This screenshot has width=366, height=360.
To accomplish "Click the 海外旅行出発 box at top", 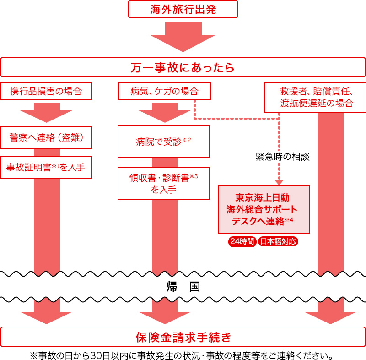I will coord(183,9).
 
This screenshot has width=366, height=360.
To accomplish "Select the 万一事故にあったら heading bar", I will coord(183,67).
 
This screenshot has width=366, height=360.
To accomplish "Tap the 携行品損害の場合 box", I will coord(46,91).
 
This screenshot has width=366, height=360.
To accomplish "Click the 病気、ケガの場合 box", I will coord(165,91).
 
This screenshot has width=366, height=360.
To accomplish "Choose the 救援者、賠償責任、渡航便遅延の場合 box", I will coord(316,97).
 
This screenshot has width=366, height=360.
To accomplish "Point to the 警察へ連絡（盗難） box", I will coord(46,137).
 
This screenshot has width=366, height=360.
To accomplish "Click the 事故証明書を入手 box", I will coord(46,167).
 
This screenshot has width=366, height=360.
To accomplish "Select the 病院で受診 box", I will coord(163,142).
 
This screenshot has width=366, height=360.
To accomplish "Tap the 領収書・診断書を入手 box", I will coord(163,184).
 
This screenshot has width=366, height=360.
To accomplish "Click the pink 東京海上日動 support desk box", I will coord(264,209).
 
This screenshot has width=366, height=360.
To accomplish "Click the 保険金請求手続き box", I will coord(183,337).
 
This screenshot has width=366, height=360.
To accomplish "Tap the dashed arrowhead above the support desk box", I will coord(279,182).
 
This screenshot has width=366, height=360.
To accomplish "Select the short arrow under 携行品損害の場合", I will coord(46,112).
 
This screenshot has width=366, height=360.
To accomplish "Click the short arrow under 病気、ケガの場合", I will coord(165,112).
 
